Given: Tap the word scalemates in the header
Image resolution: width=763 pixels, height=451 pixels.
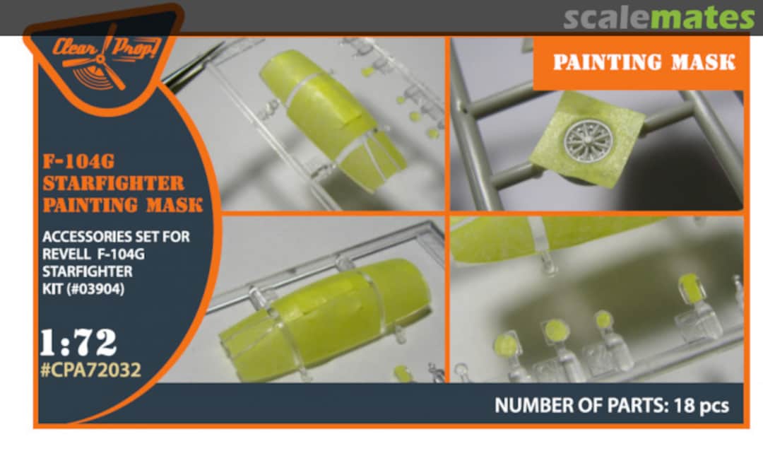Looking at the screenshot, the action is pyautogui.click(x=659, y=18).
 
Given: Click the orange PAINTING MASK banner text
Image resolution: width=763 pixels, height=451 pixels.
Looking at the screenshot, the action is pyautogui.click(x=644, y=62).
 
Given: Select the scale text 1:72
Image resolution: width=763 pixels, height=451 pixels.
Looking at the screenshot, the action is pyautogui.click(x=78, y=342).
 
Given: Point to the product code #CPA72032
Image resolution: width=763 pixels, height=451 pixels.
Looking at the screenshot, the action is pyautogui.click(x=91, y=370).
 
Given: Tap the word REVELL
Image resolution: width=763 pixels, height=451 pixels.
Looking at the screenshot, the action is pyautogui.click(x=66, y=254).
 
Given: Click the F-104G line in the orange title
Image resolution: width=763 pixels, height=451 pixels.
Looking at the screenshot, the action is pyautogui.click(x=79, y=161).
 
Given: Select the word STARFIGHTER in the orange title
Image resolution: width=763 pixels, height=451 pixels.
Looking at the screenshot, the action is pyautogui.click(x=113, y=184).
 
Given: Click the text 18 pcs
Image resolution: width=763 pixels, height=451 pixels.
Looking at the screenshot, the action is pyautogui.click(x=702, y=405).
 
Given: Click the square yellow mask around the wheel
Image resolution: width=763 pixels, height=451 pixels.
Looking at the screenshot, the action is pyautogui.click(x=587, y=138).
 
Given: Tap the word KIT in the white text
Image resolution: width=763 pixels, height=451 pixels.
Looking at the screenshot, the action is pyautogui.click(x=50, y=289).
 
